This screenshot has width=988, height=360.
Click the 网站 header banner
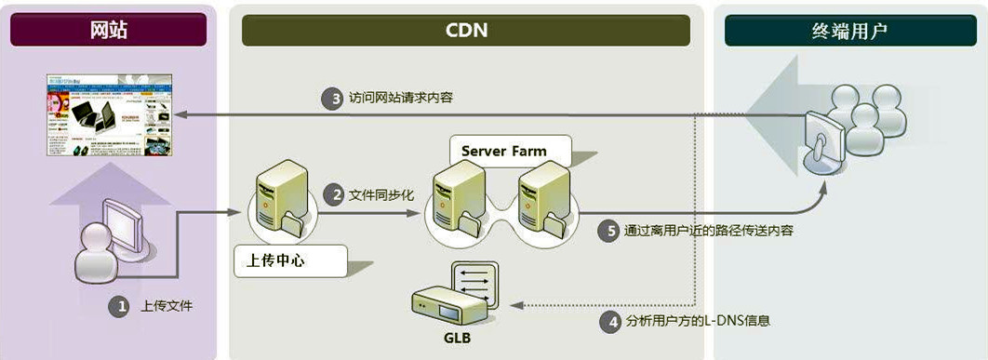pos(108,31)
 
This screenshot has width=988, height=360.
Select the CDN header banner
pos(465,31)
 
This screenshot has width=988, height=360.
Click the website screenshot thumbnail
pos(109,116)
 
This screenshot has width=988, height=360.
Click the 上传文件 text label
pos(167,306)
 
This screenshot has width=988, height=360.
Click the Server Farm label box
pos(504,150)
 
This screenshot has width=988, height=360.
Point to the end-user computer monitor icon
pos(824,139)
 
